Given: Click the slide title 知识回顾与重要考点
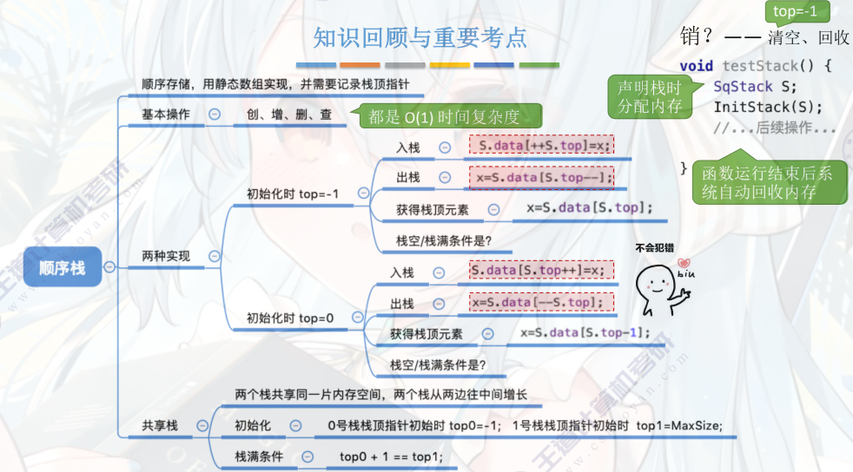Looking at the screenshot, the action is [x=420, y=37].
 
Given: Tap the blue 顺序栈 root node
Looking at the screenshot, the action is [x=63, y=267].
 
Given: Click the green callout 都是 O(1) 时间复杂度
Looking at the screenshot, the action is [x=444, y=116].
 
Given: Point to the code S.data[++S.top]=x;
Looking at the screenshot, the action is [x=542, y=145].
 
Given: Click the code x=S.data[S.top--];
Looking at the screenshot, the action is [x=542, y=177].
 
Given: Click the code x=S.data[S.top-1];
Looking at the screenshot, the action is [x=585, y=333].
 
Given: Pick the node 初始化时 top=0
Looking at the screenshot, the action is [x=290, y=318].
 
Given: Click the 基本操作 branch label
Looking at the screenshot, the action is [x=165, y=114].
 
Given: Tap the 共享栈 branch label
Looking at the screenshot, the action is [x=160, y=425].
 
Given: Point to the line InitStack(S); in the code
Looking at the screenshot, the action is [x=767, y=107].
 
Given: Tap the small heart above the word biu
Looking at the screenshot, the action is [x=684, y=263].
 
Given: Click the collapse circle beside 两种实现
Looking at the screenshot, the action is [x=214, y=256].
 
